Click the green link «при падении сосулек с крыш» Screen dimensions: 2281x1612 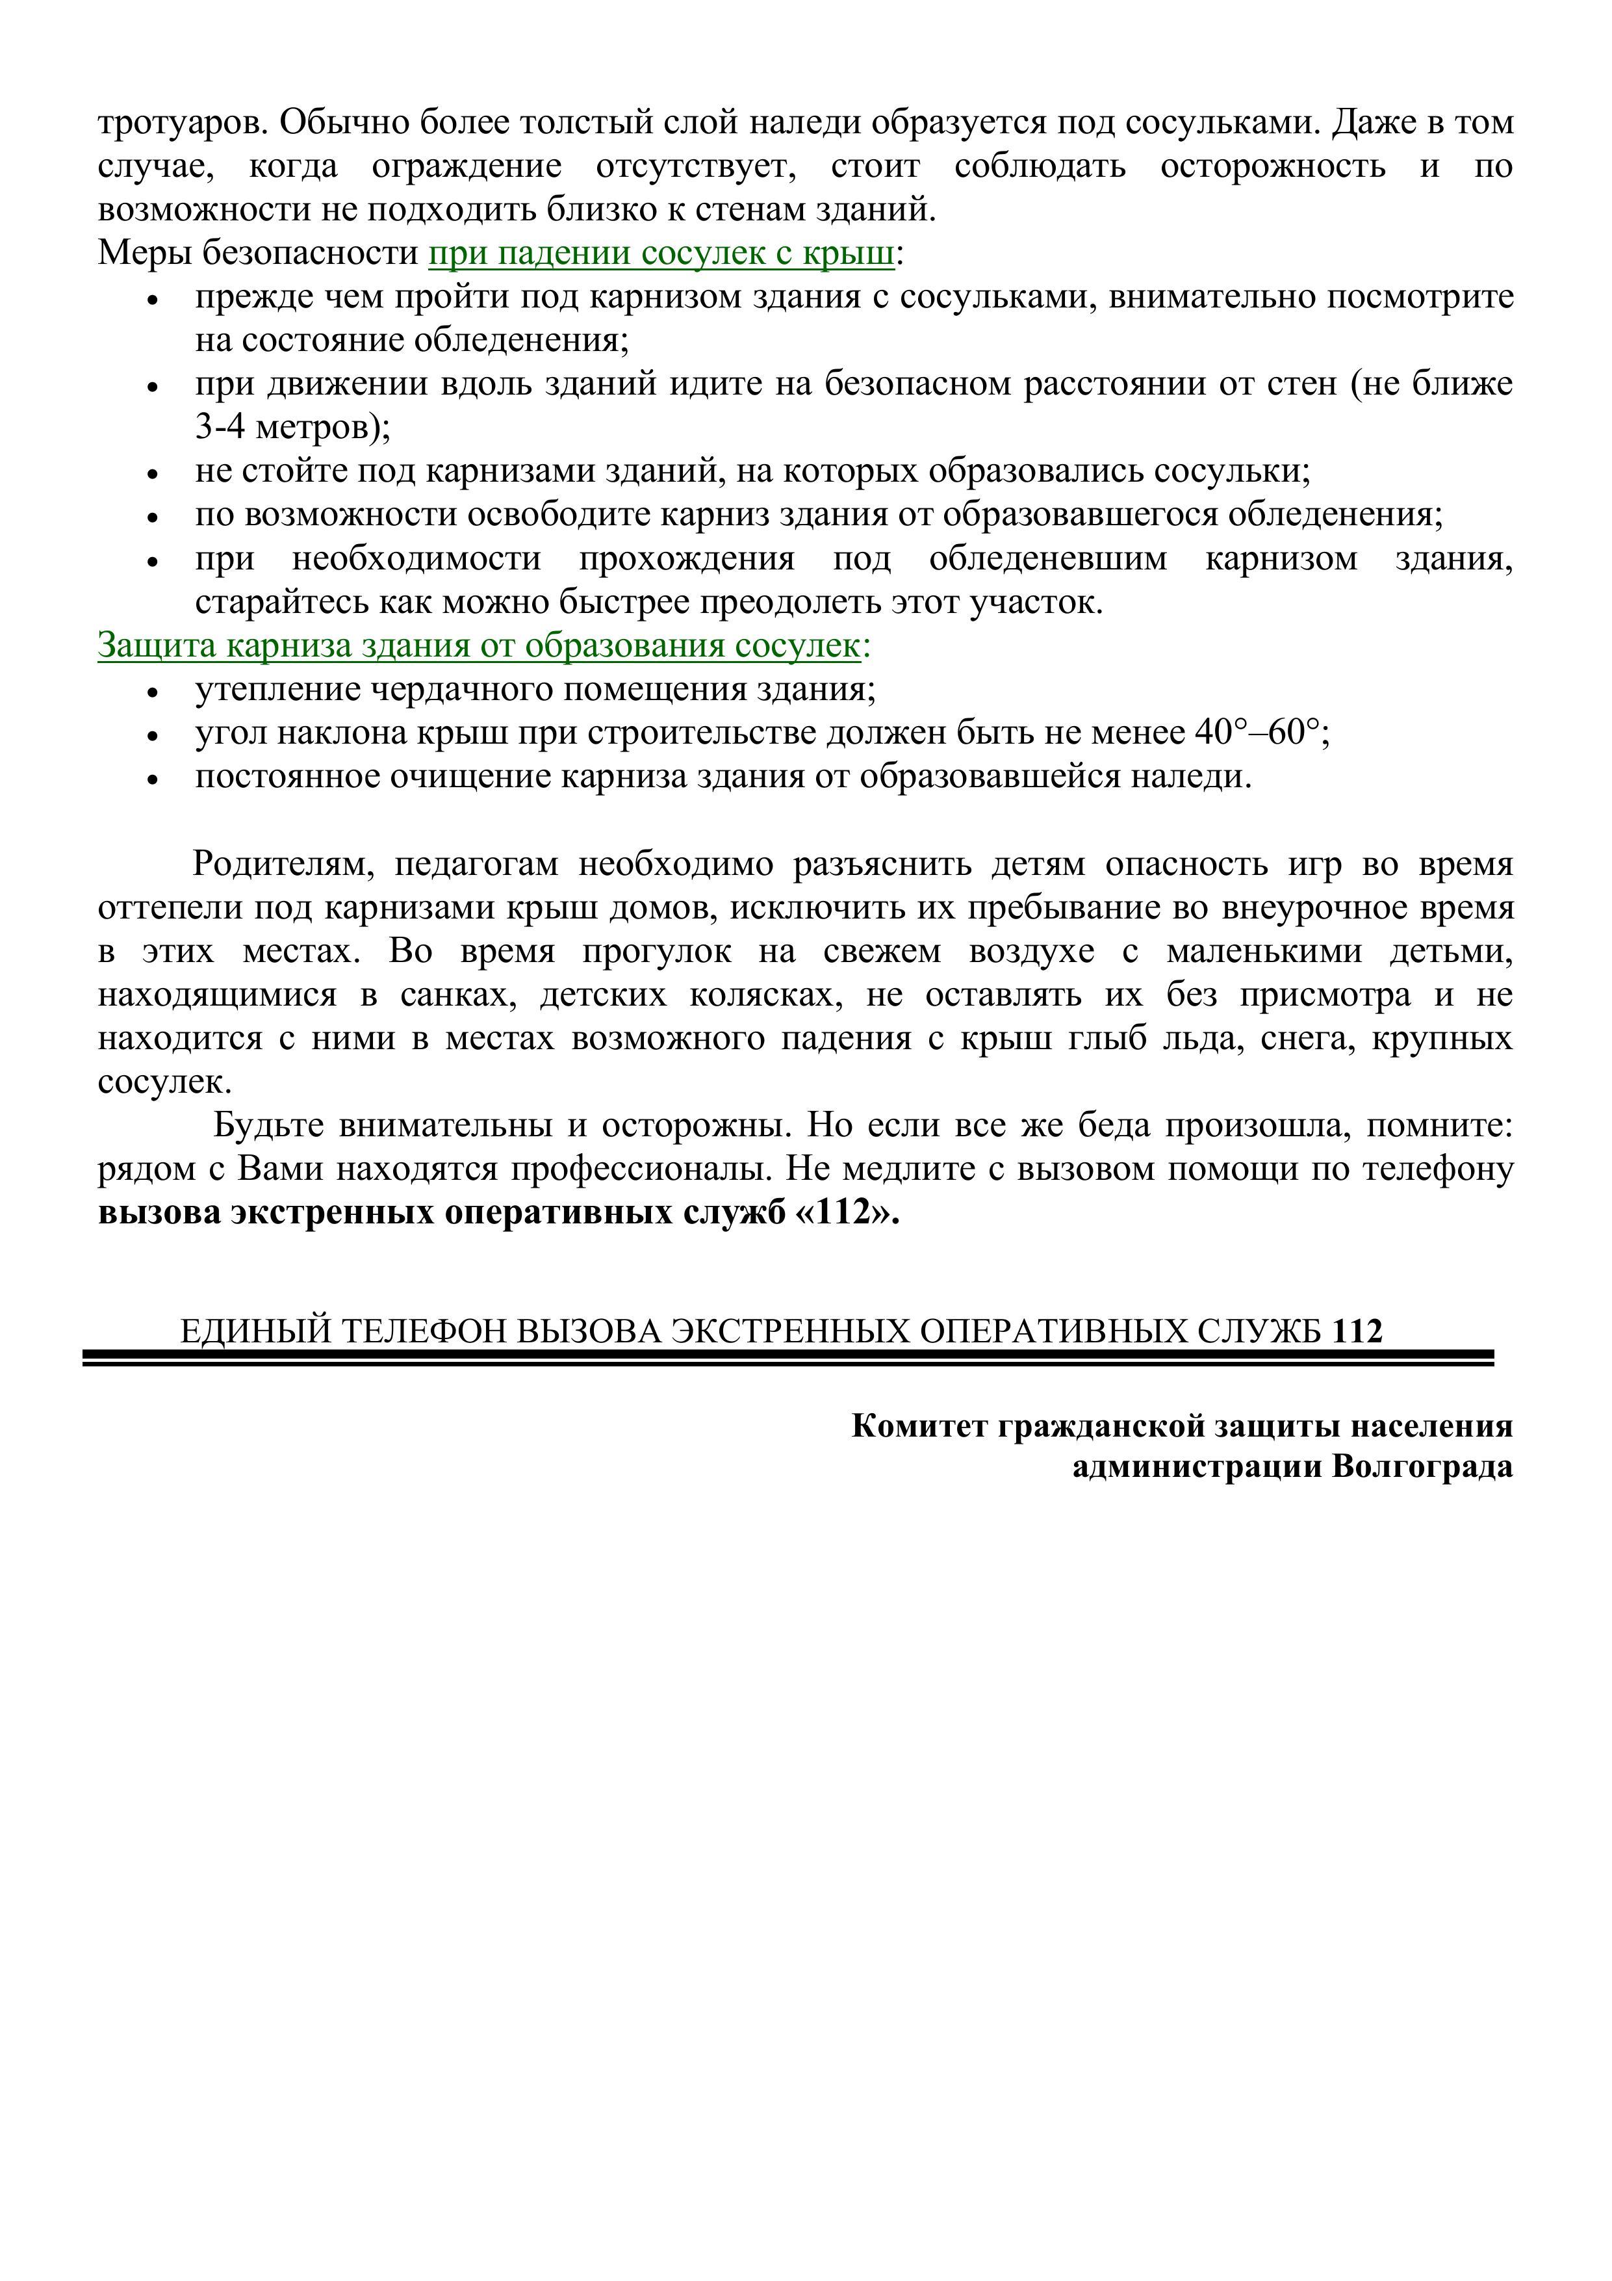click(661, 254)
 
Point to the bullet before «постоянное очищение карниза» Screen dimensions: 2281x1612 click(153, 781)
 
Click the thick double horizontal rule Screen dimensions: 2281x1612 click(787, 1358)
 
